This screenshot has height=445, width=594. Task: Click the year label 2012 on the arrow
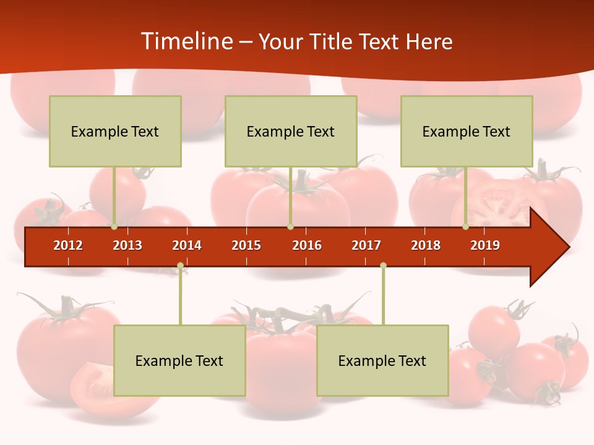pos(68,245)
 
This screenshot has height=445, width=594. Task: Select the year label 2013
pos(127,245)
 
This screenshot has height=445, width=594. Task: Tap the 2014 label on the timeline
pos(187,245)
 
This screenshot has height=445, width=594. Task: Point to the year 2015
pos(246,245)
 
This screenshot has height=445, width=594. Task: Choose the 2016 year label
pos(307,245)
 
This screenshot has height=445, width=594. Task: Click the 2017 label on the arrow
pos(366,245)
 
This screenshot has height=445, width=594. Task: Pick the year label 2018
pos(426,245)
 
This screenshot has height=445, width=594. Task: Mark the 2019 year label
pos(485,245)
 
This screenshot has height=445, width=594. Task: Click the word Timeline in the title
pos(186,41)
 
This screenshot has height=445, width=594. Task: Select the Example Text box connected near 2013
pos(115,131)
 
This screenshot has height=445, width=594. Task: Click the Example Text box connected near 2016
pos(291,131)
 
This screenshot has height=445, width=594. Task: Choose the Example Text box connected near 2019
pos(467,131)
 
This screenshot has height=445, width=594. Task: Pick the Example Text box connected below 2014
pos(179,360)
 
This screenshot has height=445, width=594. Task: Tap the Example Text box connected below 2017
pos(382,360)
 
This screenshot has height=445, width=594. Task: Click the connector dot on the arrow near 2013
pos(114,226)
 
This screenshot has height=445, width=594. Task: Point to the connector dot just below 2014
pos(180,266)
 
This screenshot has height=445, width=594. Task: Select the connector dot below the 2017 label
pos(383,266)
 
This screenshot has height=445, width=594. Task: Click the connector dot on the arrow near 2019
pos(465,226)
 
